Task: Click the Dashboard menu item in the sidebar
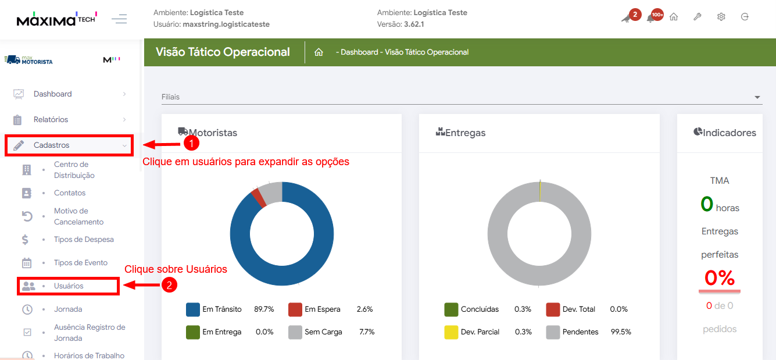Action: point(52,94)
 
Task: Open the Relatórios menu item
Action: point(51,120)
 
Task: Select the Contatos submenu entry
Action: point(70,193)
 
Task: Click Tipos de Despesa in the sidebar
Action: point(84,240)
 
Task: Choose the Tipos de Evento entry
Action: point(81,263)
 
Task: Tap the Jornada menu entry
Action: point(68,309)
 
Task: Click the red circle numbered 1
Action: point(191,142)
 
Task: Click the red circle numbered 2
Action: point(169,284)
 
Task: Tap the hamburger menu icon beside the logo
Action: point(119,19)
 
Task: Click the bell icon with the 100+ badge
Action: point(651,17)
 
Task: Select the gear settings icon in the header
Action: point(721,17)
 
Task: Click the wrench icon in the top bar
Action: point(697,17)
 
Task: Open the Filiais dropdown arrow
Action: point(757,97)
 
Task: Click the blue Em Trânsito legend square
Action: point(193,309)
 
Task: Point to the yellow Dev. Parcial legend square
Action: point(451,332)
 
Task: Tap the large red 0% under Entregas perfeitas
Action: point(719,278)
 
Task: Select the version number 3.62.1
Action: point(414,24)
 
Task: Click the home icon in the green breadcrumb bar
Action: point(319,52)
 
